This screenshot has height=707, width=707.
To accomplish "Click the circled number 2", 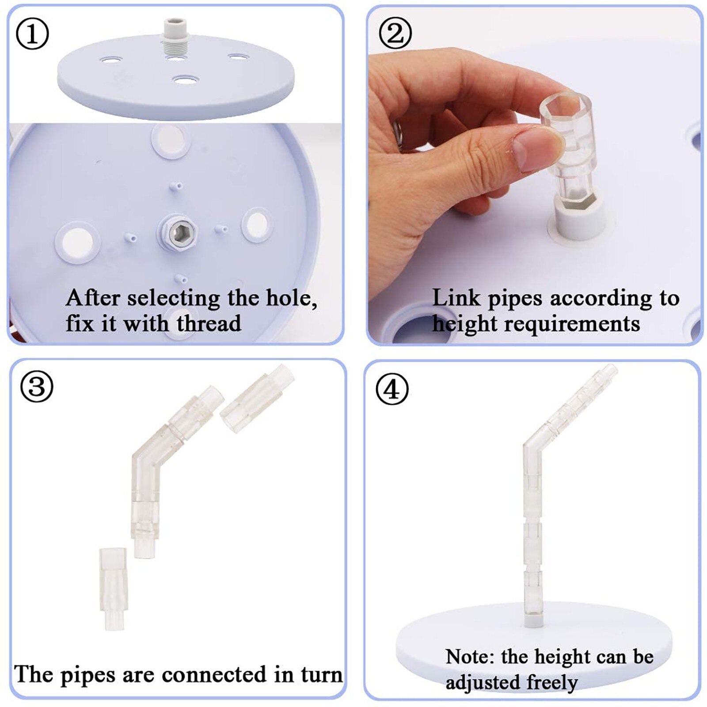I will coord(395,34).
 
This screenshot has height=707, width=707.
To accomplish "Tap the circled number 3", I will coord(37,387).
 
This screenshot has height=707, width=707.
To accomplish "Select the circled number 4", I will coord(392,389).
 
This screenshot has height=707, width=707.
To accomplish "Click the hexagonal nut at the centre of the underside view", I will coord(178,232).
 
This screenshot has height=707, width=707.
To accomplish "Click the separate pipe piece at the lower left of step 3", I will coord(113,588).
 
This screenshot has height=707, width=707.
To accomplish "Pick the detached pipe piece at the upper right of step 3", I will coord(256,399).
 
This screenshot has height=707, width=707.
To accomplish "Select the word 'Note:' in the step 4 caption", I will coord(470,657).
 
